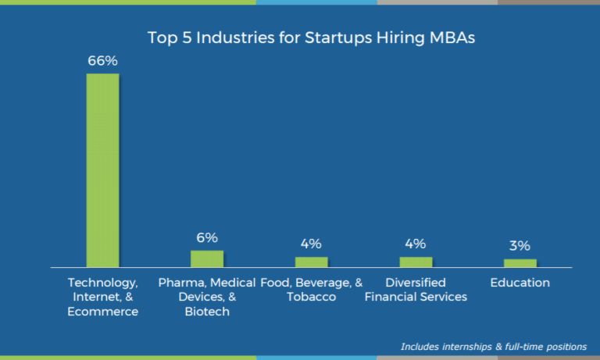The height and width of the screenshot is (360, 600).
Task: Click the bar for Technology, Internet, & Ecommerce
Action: coord(102,170)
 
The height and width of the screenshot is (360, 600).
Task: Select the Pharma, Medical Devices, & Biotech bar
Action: coord(207,258)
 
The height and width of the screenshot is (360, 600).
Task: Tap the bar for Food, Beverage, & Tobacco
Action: coord(311,262)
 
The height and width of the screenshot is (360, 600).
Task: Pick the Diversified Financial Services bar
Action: coord(416,262)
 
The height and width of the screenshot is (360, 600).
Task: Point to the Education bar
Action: coord(520,263)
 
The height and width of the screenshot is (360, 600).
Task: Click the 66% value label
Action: coord(102,60)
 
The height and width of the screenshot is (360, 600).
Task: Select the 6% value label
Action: coord(207,237)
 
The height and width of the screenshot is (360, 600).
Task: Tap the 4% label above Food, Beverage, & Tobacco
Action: coord(311,244)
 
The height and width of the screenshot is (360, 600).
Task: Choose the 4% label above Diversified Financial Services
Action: coord(416,244)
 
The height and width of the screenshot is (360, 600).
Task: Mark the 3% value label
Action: coord(520,246)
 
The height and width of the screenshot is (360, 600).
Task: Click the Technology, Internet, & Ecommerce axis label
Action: coord(103,297)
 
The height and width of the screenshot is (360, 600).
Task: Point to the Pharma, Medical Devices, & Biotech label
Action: coord(207,297)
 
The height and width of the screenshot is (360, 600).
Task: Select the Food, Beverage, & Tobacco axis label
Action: coord(311,290)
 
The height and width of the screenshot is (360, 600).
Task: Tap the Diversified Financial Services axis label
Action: coord(416,290)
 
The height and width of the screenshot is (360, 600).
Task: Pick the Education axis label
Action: coord(520,283)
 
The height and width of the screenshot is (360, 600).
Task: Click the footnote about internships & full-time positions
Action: coord(494,346)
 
